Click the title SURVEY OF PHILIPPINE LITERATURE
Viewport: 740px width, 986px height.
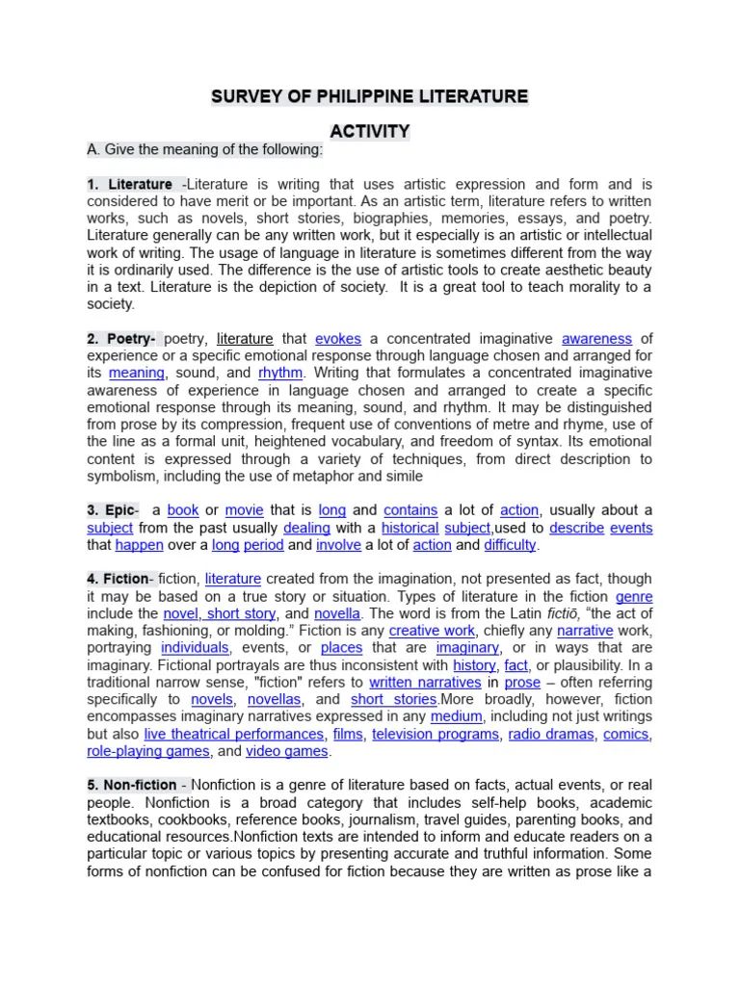[370, 96]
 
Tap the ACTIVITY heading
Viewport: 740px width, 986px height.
[370, 131]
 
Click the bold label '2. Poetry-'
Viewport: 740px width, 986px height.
[122, 338]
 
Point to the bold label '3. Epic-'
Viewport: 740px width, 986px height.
[113, 510]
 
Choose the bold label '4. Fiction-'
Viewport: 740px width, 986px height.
[119, 579]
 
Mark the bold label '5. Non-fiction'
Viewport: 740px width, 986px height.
[132, 785]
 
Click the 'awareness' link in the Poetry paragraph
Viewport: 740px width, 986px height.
[597, 338]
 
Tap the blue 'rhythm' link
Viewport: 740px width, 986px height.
[280, 373]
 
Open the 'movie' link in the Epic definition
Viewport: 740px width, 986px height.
[244, 510]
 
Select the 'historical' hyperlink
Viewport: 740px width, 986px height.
[410, 528]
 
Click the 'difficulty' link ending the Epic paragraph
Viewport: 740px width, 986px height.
[510, 545]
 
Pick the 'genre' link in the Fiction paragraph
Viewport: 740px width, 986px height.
[633, 596]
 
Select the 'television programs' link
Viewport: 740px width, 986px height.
[436, 734]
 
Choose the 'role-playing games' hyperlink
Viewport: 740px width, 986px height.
[148, 751]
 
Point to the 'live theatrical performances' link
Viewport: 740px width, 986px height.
[233, 734]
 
